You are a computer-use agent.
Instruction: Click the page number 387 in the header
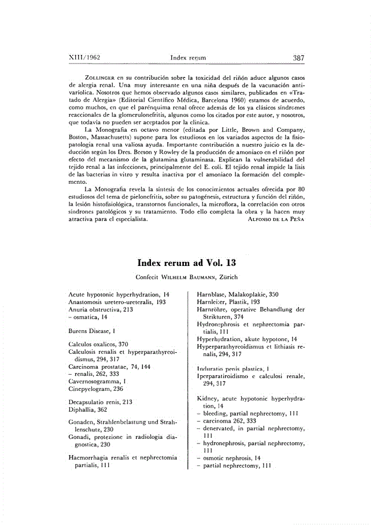(x=298, y=58)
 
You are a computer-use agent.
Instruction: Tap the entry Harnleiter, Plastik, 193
(x=228, y=302)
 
